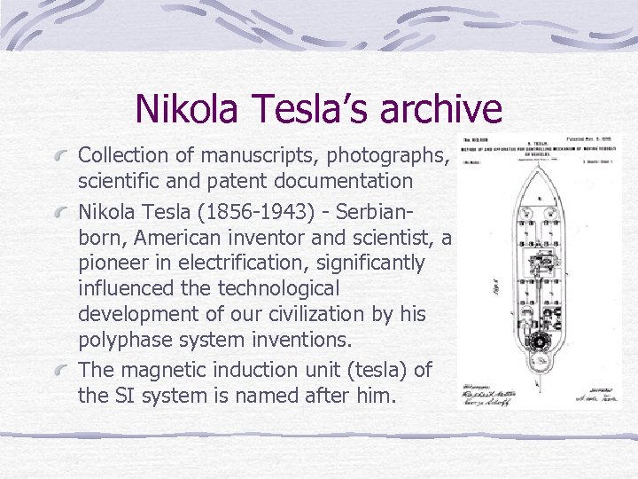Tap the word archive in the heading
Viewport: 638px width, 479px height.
click(440, 108)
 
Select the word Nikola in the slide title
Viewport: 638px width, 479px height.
click(186, 108)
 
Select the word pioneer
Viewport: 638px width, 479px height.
click(111, 263)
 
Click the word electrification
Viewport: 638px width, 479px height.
click(253, 263)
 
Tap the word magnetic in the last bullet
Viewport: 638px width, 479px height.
click(159, 369)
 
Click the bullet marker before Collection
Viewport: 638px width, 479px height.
click(61, 156)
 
